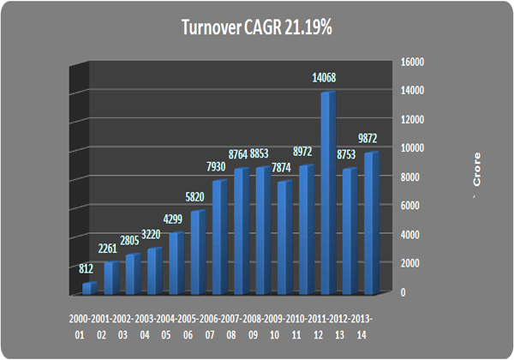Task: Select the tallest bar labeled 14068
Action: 327,192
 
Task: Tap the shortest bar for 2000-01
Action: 87,287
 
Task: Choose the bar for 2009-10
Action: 284,236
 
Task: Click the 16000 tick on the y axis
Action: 414,61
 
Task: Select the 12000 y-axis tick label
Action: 414,119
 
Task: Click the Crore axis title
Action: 476,175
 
